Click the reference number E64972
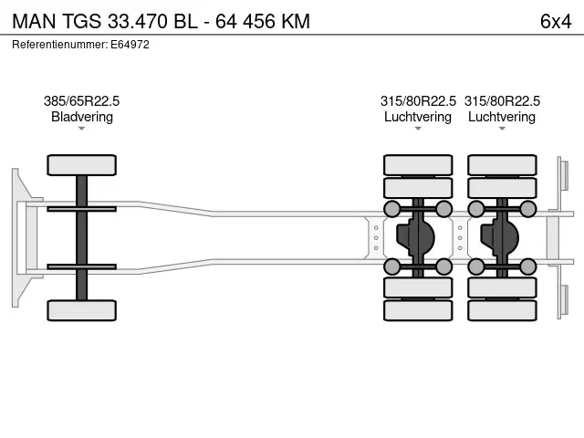click(130, 44)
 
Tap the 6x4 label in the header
click(555, 21)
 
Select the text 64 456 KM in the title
click(264, 21)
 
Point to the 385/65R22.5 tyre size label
click(81, 101)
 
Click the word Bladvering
click(81, 117)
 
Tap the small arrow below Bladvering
click(81, 130)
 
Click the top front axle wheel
click(81, 165)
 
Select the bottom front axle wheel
click(81, 310)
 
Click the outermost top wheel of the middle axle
click(418, 165)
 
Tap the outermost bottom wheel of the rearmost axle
click(502, 310)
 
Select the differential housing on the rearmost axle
click(500, 237)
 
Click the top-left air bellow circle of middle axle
click(391, 209)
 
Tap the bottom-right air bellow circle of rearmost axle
click(528, 266)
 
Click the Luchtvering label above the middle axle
click(418, 117)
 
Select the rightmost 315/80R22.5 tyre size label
click(502, 101)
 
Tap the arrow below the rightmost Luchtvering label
click(502, 130)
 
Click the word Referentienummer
click(58, 44)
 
